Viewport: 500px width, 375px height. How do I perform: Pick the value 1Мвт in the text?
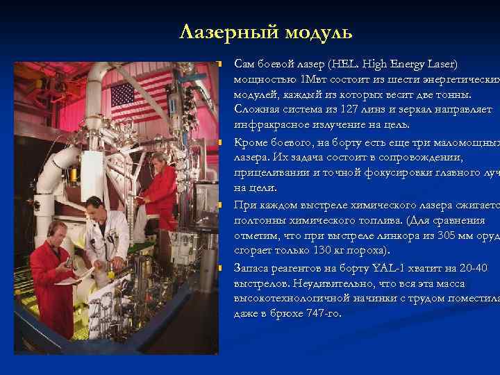[307, 79]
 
